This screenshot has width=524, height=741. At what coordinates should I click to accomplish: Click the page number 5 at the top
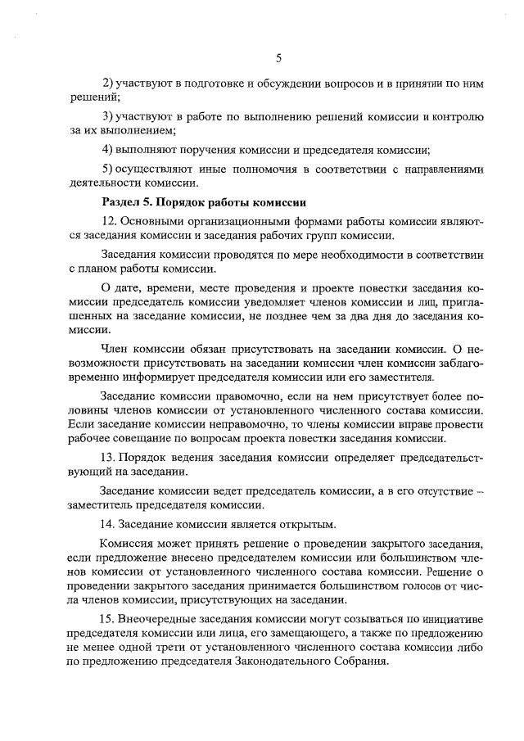point(278,57)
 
